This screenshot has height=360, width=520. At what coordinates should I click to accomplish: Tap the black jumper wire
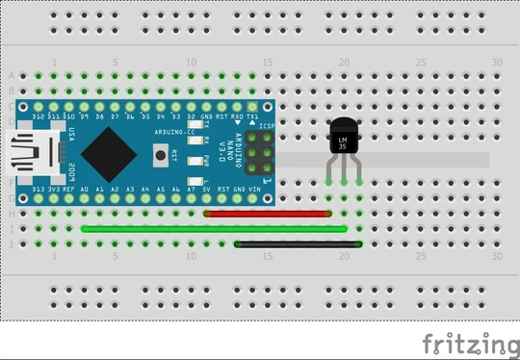299,244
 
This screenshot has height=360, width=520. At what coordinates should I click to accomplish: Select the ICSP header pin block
258,151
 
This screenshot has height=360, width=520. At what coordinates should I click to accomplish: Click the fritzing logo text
470,344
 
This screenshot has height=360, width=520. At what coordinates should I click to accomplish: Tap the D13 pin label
39,190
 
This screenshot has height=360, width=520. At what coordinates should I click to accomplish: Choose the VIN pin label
253,190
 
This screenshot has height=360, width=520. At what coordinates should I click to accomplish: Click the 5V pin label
207,190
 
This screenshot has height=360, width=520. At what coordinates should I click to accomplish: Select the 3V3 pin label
54,190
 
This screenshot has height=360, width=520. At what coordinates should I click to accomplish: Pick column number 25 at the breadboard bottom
420,257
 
